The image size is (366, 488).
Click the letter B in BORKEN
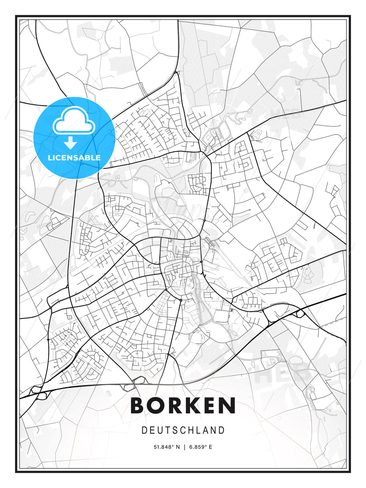point(138,405)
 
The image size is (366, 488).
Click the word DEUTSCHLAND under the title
point(183,430)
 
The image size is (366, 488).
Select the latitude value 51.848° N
point(167,447)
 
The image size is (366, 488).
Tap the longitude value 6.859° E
point(201,447)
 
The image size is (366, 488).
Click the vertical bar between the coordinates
point(184,447)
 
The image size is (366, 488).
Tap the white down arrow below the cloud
point(70,143)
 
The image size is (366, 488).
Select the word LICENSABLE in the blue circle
point(74,158)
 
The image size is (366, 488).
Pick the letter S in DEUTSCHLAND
point(176,430)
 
